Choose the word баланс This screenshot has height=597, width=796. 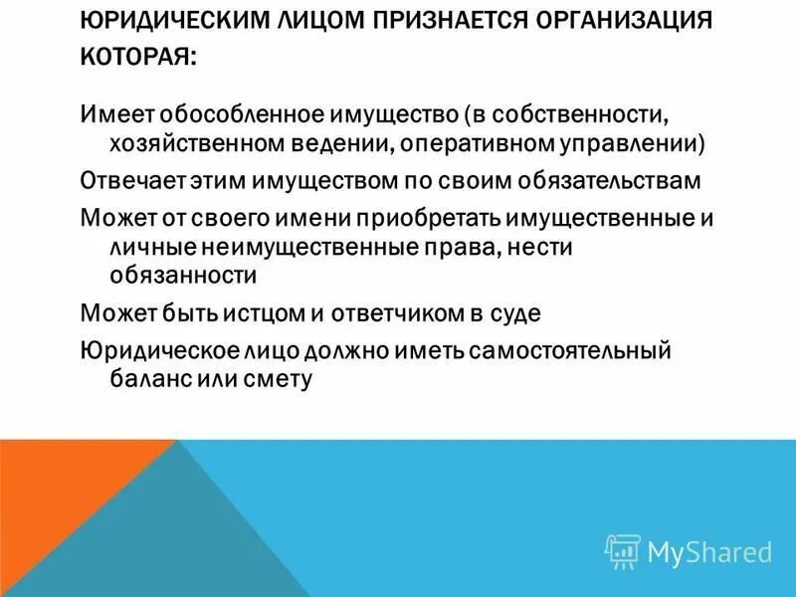(138, 379)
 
